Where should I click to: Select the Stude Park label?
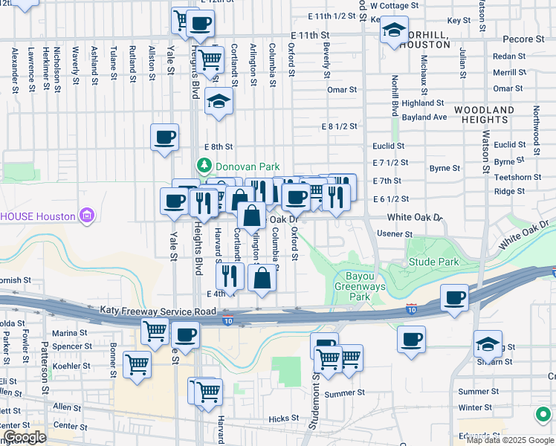(x=433, y=262)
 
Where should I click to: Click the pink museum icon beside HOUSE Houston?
(x=88, y=216)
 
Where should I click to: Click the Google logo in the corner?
(x=24, y=437)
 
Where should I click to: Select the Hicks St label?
(x=283, y=419)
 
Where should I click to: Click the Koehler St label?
(x=71, y=366)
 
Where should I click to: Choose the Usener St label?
(x=395, y=234)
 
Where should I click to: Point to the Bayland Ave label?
(x=425, y=117)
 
